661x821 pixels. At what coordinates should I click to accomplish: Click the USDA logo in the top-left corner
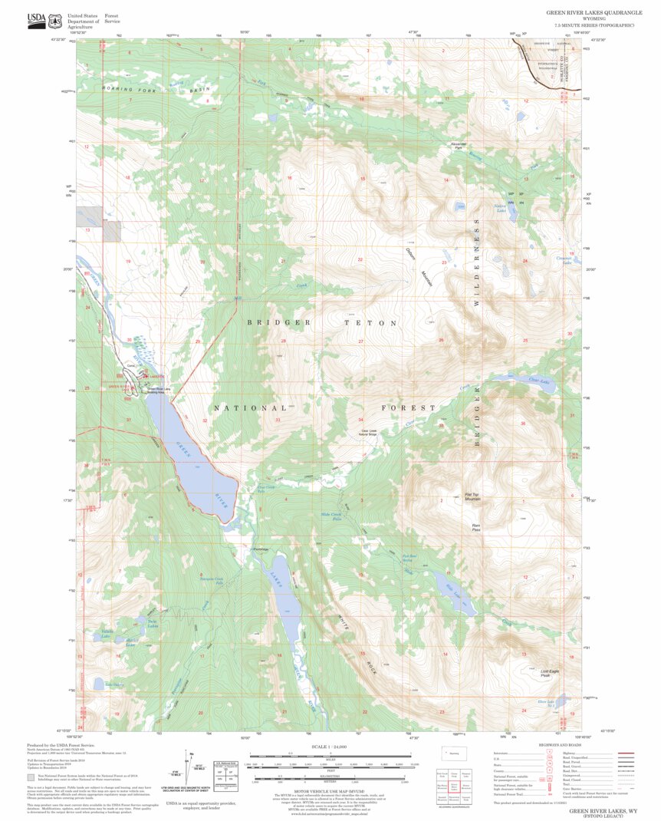coord(35,18)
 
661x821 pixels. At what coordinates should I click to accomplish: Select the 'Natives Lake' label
coord(500,207)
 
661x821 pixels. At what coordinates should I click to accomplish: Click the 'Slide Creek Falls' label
coord(331,518)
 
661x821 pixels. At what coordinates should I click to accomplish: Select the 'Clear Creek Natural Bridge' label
coord(370,432)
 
